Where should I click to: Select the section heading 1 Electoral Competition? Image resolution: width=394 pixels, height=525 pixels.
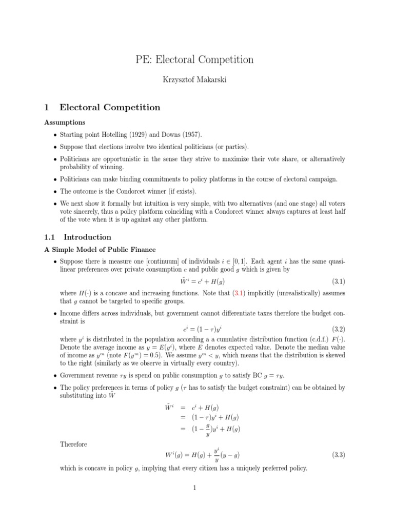coord(103,108)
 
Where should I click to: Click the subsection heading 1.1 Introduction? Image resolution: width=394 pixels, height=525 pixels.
coord(78,237)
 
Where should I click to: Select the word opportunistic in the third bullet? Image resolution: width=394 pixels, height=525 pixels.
coord(118,159)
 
